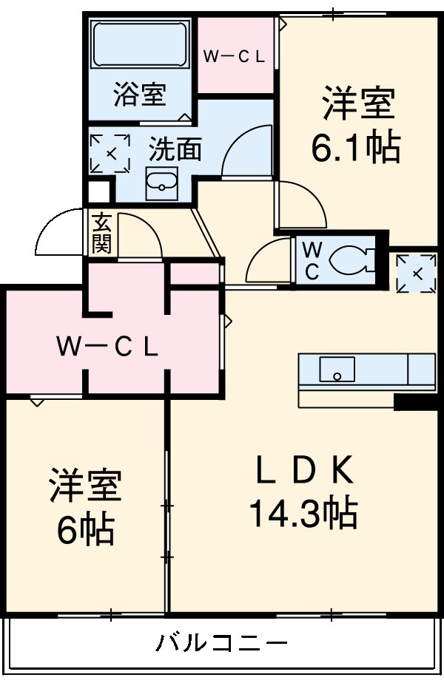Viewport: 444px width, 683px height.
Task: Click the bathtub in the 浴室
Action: click(x=139, y=45)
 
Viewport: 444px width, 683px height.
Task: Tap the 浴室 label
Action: click(x=139, y=95)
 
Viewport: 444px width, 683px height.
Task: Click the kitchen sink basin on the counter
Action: click(x=337, y=367)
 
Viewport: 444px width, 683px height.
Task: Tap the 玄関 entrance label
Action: click(x=101, y=234)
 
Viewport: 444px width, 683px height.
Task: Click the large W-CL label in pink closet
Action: click(x=108, y=347)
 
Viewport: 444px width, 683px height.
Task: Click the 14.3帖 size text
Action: click(x=303, y=512)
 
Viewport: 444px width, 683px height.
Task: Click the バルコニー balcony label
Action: click(x=221, y=642)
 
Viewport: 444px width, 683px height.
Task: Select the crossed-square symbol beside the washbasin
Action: click(x=110, y=153)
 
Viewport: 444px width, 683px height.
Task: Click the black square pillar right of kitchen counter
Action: click(x=414, y=402)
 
